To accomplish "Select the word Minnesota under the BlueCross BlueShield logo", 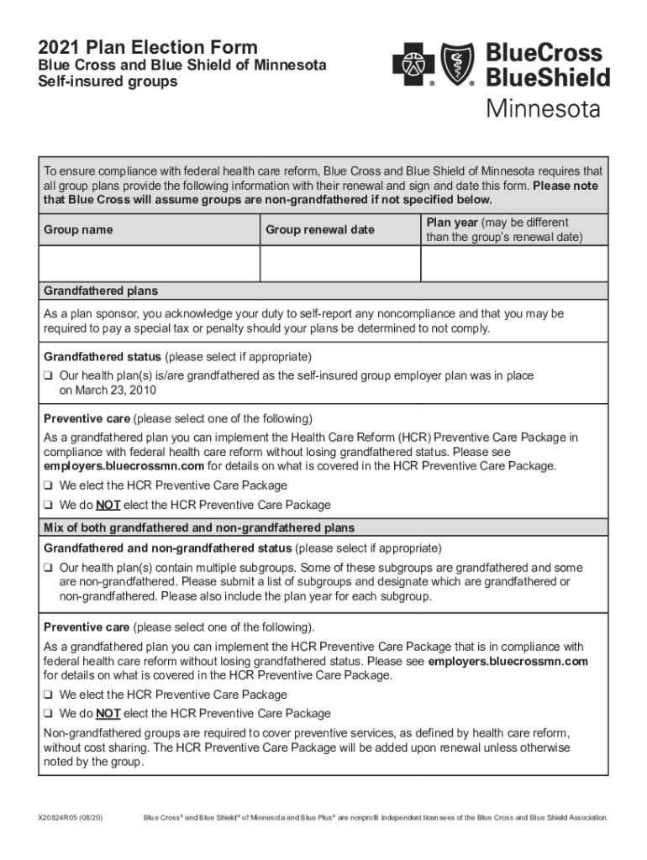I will (x=543, y=110).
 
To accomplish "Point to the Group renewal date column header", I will (x=320, y=230).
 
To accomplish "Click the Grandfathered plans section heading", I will (x=101, y=291).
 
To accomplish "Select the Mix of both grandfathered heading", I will (x=199, y=528).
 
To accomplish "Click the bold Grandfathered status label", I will (x=103, y=356).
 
